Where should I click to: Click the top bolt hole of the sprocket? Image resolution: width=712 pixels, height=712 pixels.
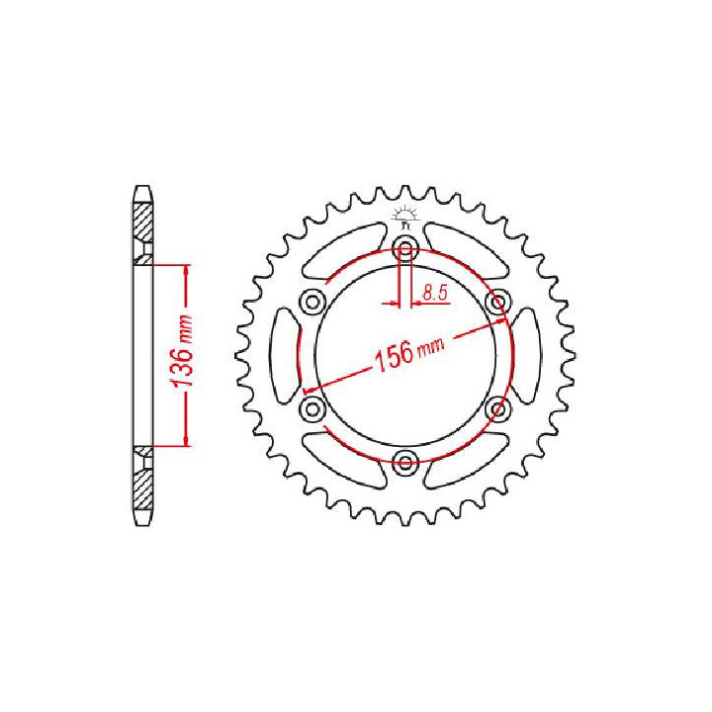tap(404, 247)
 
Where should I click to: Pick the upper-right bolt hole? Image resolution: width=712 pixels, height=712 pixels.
tap(497, 301)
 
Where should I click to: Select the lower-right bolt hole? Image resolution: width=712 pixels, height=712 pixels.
tap(497, 407)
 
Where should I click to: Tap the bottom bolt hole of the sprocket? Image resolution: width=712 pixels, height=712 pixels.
tap(404, 461)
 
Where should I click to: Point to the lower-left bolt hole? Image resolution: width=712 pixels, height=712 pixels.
tap(312, 407)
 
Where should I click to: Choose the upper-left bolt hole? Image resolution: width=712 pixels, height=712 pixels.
tap(312, 301)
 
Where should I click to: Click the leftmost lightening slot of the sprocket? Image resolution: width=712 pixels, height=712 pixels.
tap(284, 354)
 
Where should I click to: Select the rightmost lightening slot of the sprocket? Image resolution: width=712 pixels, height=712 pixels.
tap(526, 354)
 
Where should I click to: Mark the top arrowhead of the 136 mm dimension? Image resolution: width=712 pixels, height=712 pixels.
tap(185, 269)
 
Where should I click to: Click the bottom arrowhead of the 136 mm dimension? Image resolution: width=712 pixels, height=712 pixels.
tap(185, 441)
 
